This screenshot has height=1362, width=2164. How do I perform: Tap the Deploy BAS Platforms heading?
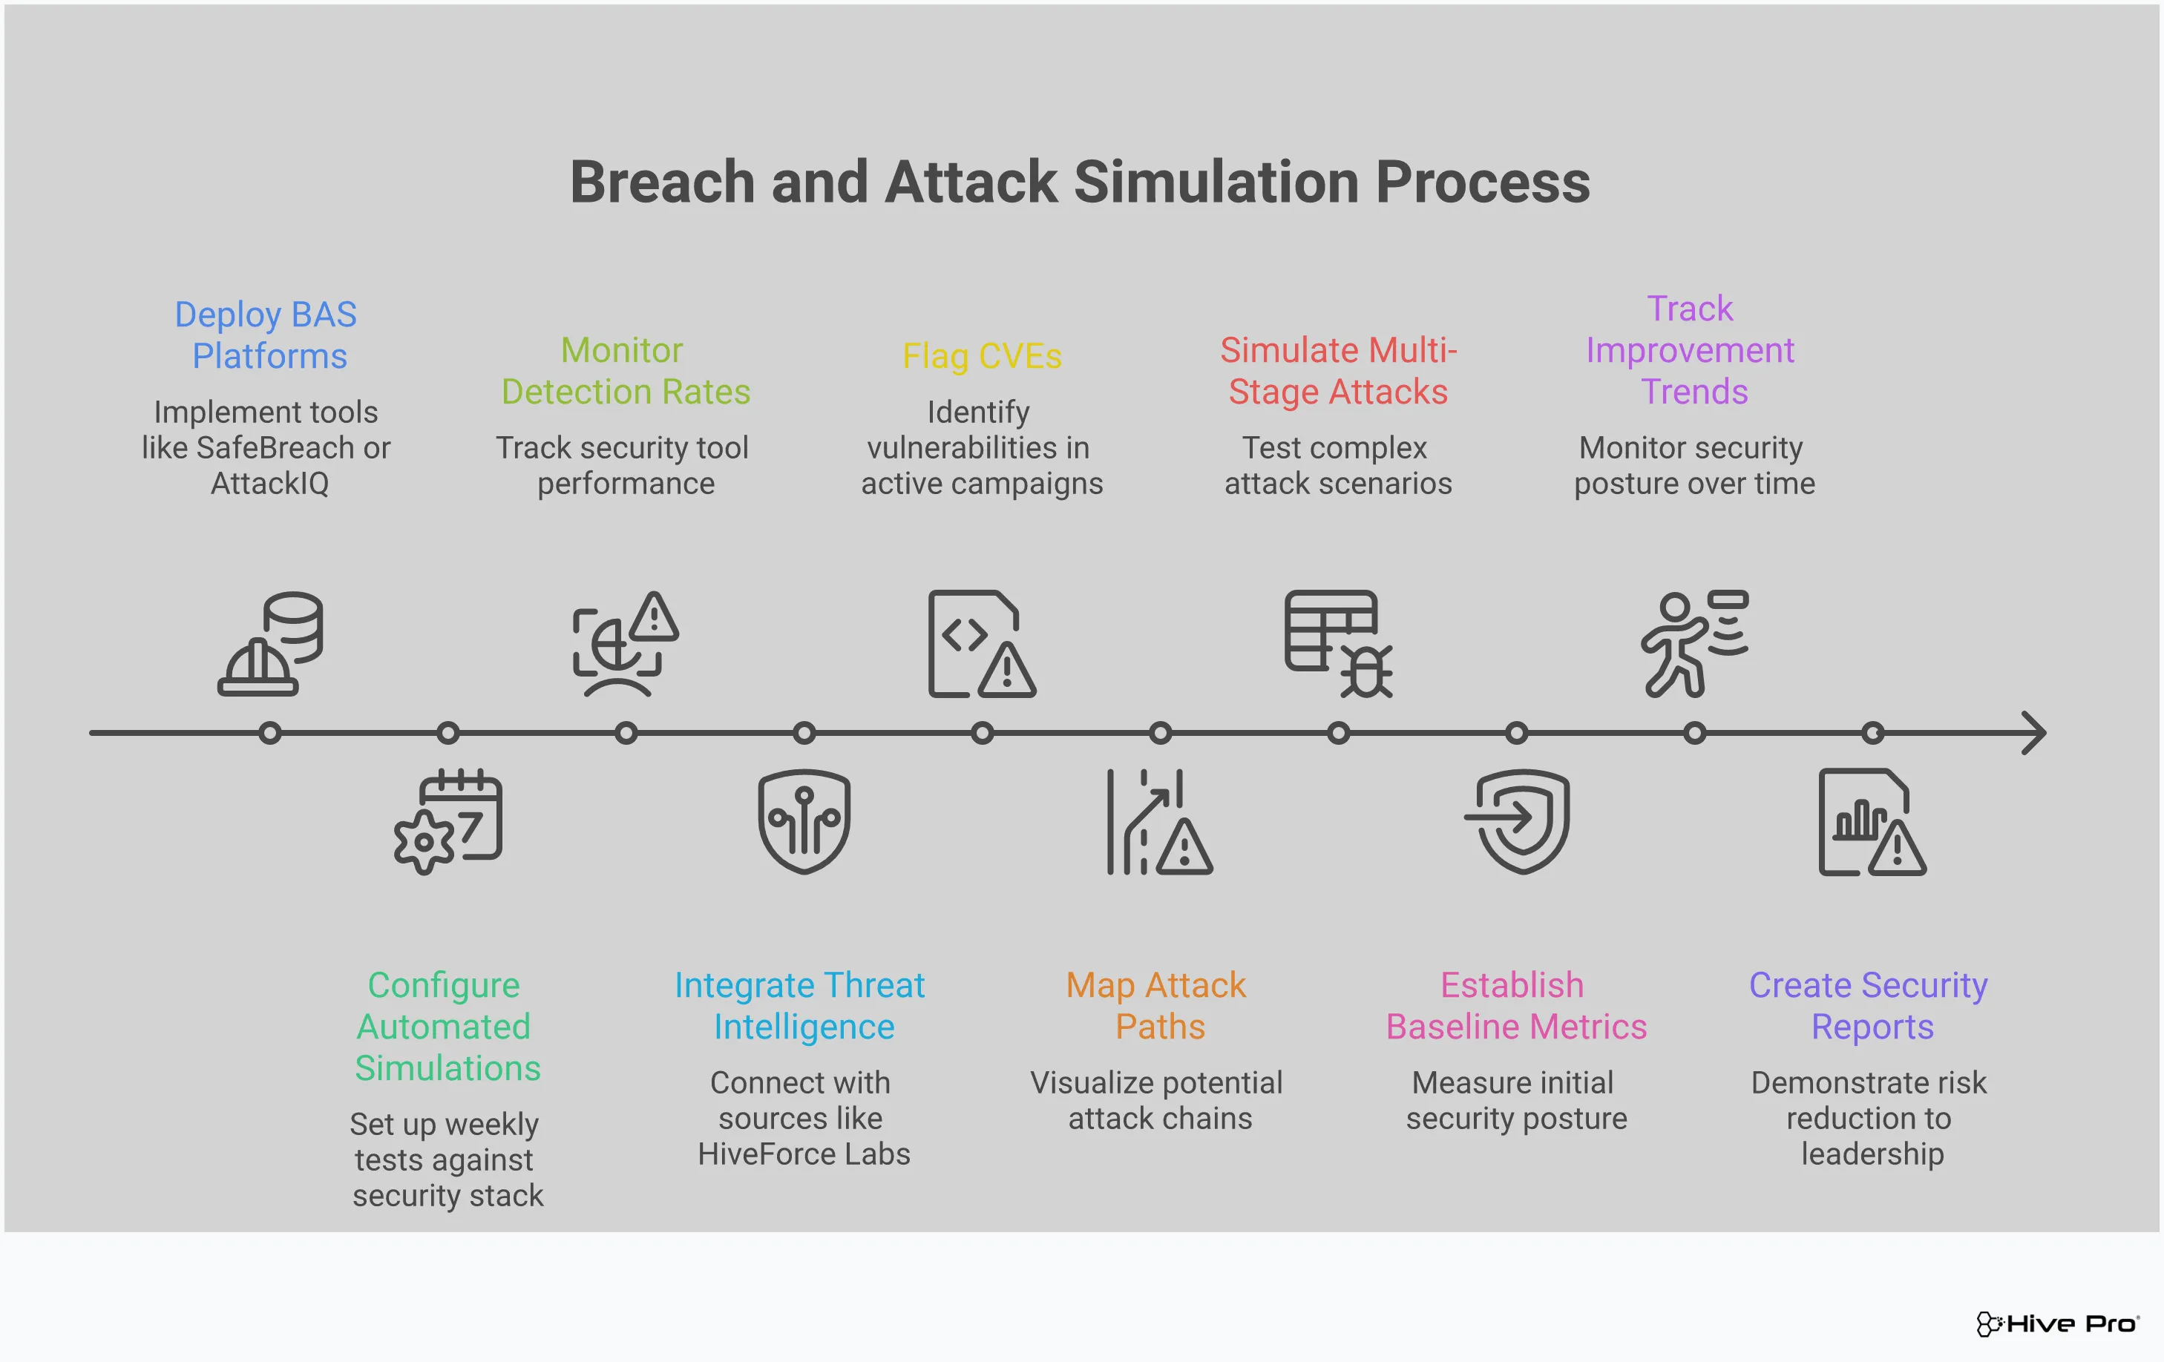pyautogui.click(x=267, y=335)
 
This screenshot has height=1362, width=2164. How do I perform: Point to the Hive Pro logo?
pyautogui.click(x=2056, y=1323)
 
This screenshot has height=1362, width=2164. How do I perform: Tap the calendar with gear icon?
pyautogui.click(x=448, y=821)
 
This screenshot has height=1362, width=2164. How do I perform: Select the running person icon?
pyautogui.click(x=1693, y=643)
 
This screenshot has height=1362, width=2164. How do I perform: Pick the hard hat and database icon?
pyautogui.click(x=270, y=643)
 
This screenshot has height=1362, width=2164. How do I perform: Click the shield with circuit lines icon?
pyautogui.click(x=804, y=821)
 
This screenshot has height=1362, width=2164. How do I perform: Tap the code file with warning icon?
pyautogui.click(x=981, y=643)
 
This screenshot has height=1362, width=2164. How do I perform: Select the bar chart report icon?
pyautogui.click(x=1872, y=821)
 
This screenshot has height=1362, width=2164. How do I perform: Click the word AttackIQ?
pyautogui.click(x=269, y=484)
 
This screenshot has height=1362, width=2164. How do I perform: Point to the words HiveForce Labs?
pyautogui.click(x=804, y=1154)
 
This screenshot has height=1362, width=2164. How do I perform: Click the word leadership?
pyautogui.click(x=1872, y=1154)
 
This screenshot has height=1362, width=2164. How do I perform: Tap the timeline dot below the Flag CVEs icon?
pyautogui.click(x=983, y=733)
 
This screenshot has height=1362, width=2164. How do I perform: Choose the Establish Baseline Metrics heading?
pyautogui.click(x=1516, y=1005)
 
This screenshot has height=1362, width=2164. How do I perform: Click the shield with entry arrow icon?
pyautogui.click(x=1518, y=821)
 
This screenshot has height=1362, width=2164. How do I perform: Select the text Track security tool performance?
pyautogui.click(x=623, y=465)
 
